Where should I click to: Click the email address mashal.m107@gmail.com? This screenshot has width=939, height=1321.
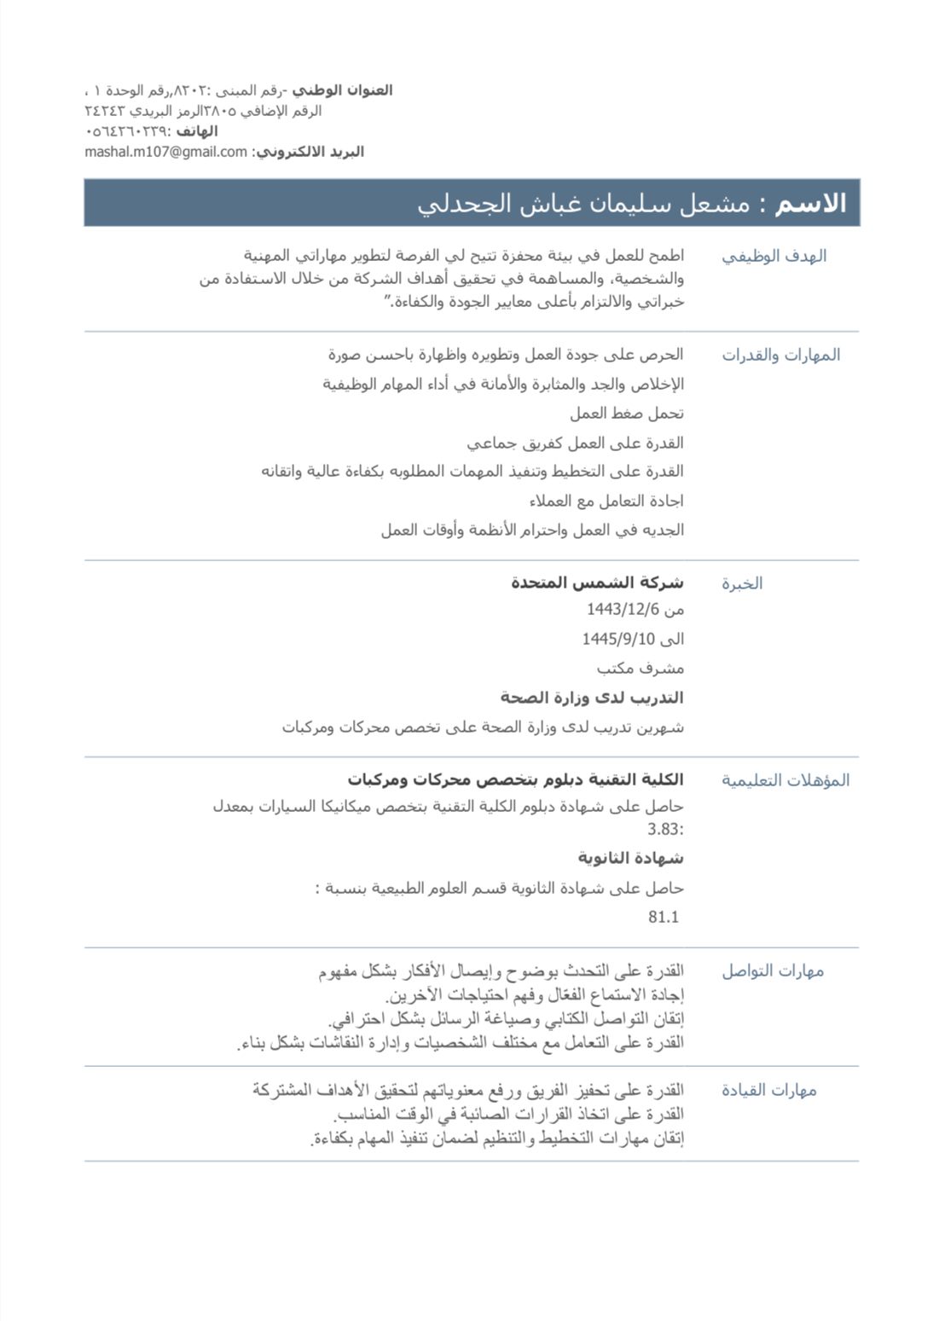pos(165,152)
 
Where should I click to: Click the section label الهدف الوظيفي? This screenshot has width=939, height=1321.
pos(774,256)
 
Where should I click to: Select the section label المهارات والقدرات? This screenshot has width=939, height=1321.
pos(780,355)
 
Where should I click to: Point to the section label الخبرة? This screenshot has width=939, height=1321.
pos(742,583)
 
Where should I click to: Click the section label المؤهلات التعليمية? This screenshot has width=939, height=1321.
pos(785,780)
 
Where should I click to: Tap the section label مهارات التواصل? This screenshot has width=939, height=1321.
pos(772,971)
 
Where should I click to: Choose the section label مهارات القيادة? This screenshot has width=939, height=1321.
pos(768,1090)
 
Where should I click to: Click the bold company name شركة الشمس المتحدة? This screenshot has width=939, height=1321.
pos(597,582)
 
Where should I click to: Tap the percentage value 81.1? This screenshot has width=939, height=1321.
pos(664,917)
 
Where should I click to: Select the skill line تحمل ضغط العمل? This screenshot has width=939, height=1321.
pos(627,414)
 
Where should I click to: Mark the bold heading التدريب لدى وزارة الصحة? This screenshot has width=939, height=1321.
pos(592,698)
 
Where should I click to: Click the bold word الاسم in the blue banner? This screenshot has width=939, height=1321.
pos(810,203)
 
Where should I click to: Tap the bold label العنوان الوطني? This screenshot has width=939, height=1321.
pos(342,90)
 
